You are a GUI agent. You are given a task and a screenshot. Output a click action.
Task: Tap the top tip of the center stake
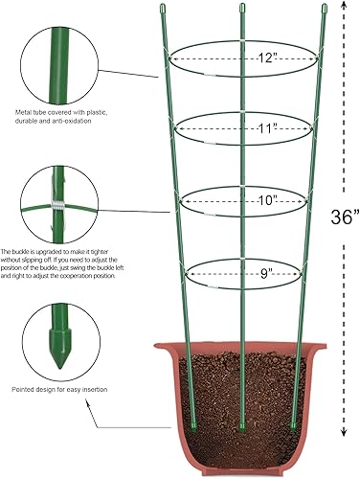[x=239, y=11]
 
